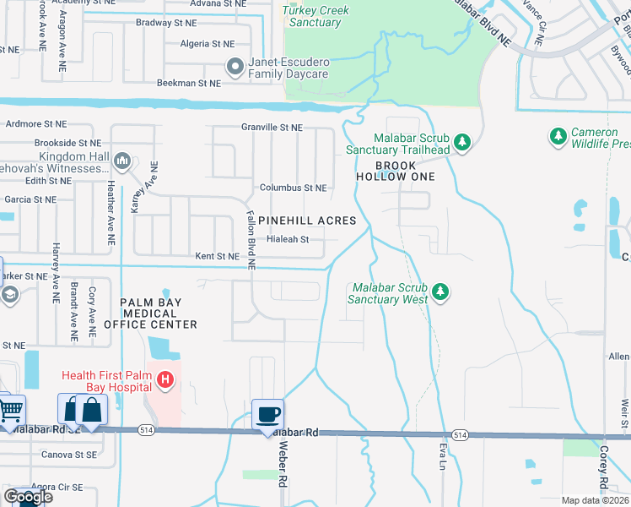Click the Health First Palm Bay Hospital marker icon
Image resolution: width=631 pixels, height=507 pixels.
click(165, 382)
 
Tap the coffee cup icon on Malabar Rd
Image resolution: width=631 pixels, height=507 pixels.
click(268, 414)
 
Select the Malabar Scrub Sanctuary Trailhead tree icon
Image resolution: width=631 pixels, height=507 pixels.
click(462, 142)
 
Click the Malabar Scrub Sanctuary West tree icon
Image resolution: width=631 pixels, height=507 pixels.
click(440, 292)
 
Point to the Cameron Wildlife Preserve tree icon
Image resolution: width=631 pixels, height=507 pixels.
click(557, 135)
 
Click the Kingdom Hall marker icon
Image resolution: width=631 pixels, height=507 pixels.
click(121, 161)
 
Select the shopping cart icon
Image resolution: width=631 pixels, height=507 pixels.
click(10, 411)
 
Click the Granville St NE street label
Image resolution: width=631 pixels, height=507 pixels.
click(272, 128)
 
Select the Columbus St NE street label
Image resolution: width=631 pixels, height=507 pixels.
click(293, 188)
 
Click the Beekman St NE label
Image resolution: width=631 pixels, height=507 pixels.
click(189, 84)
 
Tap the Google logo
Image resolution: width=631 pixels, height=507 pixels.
click(29, 497)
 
